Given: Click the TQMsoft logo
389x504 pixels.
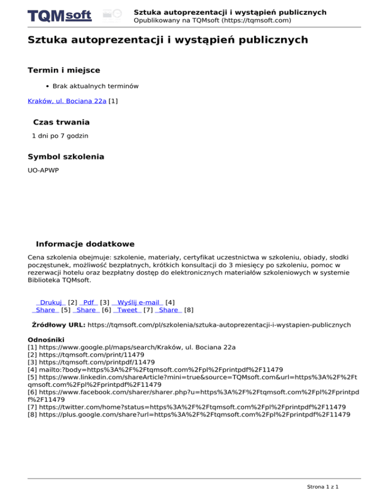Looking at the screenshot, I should click(60, 16).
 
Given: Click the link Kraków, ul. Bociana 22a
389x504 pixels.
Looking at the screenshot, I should click(67, 101).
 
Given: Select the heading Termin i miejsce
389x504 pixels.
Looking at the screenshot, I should click(63, 70).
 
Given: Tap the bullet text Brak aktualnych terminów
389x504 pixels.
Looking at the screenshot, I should click(95, 86).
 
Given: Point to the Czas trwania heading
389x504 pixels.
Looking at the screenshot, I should click(61, 122).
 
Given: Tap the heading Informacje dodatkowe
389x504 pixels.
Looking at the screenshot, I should click(85, 244).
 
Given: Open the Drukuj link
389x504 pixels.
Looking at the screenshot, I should click(50, 303).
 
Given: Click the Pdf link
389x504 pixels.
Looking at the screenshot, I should click(89, 303).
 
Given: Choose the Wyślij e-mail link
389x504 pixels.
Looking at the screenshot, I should click(137, 303).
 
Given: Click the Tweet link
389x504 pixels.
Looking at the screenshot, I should click(127, 310).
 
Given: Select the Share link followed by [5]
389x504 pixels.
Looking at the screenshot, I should click(46, 310).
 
